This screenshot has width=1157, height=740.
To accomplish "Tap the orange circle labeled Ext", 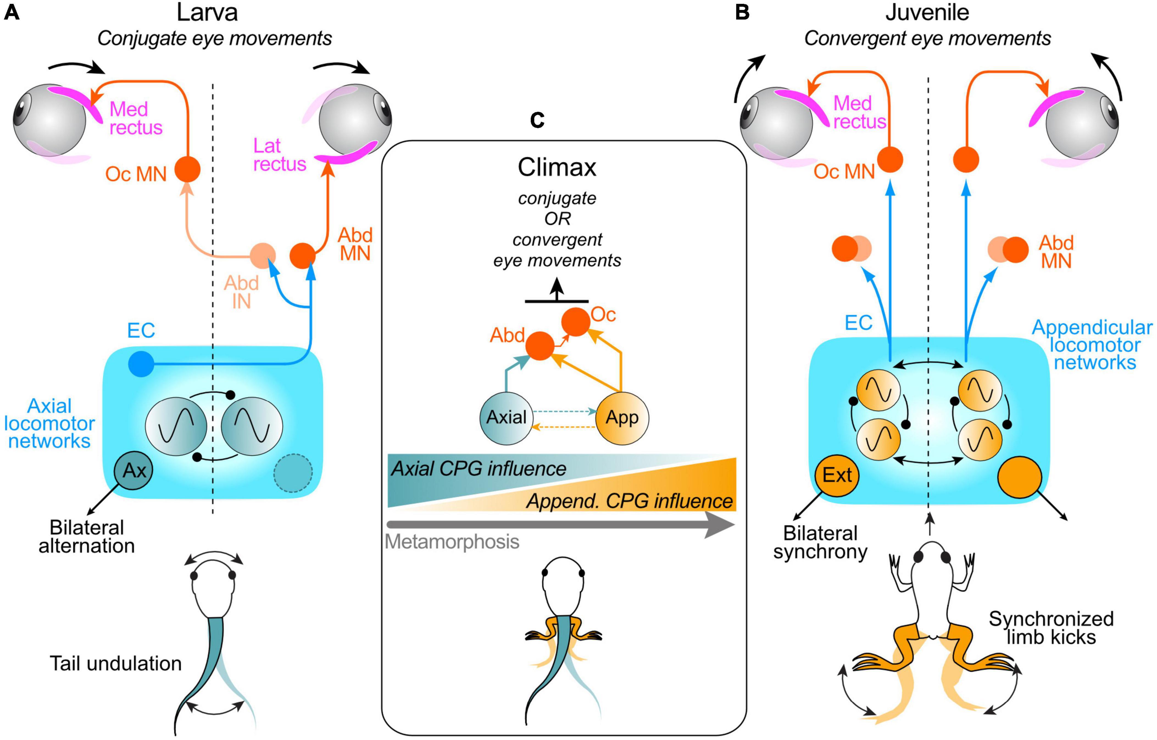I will click(837, 476).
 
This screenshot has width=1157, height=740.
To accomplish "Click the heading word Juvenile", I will click(927, 13).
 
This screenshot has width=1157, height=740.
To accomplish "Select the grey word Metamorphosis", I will click(452, 542).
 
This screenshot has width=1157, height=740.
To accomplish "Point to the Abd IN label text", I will click(241, 292).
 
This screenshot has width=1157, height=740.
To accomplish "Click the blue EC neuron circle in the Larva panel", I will click(141, 364).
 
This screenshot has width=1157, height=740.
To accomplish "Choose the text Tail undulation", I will click(116, 664).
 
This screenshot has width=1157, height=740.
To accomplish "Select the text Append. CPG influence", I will click(630, 501).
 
